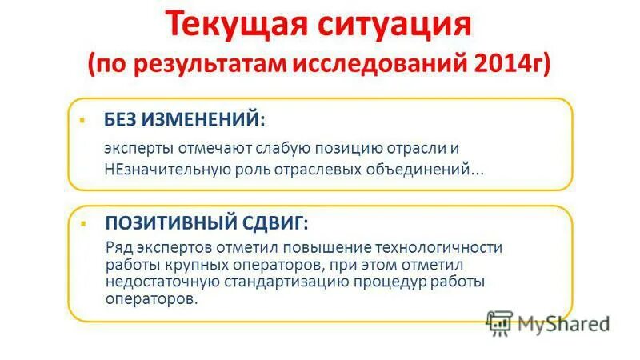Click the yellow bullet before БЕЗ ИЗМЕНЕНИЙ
(x=82, y=119)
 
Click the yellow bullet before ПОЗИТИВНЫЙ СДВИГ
(x=82, y=220)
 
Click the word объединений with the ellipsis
(x=426, y=170)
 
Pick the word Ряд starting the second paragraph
(x=118, y=247)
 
